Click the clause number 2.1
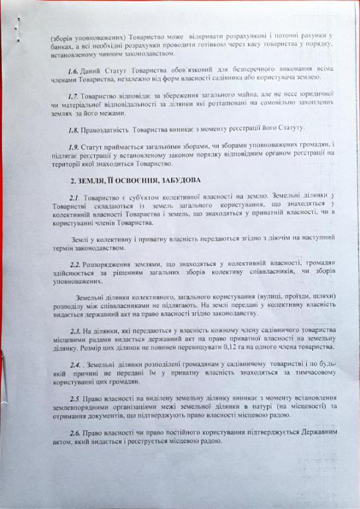[x=74, y=198]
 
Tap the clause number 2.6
[x=76, y=432]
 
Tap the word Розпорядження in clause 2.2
[x=110, y=263]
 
